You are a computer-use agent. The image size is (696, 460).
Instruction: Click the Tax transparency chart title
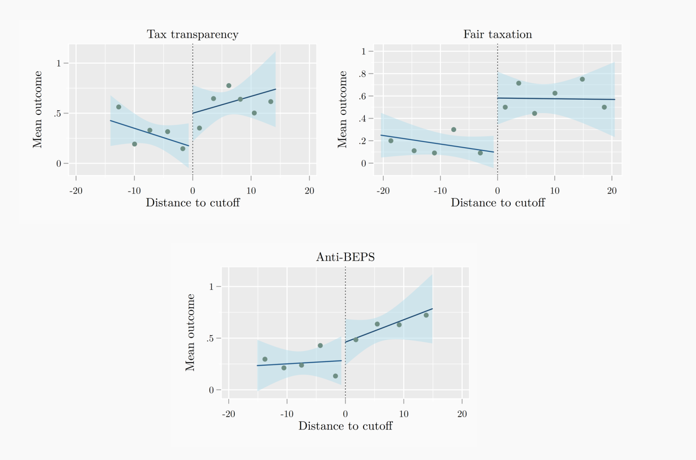point(192,35)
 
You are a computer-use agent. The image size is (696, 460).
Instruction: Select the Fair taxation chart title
point(497,35)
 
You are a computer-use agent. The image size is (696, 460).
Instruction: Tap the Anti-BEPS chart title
point(345,257)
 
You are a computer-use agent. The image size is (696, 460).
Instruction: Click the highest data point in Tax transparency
point(229,86)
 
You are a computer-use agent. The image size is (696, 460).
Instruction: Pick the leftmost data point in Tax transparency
point(119,107)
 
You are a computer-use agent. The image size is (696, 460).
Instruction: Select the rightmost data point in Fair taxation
point(604,108)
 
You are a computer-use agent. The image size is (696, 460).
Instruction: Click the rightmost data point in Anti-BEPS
point(426,316)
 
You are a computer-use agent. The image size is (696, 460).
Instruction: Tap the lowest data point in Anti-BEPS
point(335,376)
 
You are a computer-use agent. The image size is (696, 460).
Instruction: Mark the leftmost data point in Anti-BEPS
point(265,359)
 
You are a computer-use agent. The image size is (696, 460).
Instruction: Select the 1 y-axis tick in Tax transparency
point(59,63)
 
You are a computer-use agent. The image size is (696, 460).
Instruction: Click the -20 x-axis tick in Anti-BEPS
point(229,414)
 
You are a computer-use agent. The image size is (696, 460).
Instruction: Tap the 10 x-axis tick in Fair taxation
point(554,191)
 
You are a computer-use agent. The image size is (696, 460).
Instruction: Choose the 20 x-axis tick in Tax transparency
point(309,191)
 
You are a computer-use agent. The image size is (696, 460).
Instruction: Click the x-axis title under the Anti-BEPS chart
point(345,426)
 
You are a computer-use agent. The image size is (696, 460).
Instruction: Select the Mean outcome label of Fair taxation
point(342,109)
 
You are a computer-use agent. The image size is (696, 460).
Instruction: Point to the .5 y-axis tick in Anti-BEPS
point(211,339)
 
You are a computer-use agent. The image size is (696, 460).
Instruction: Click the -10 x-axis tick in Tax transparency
point(134,191)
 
